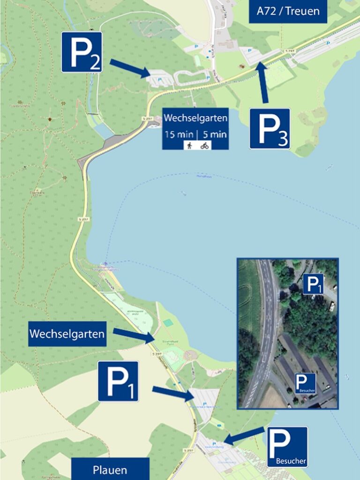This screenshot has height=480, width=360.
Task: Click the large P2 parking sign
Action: point(82,52)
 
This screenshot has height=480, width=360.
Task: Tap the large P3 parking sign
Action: point(270,129)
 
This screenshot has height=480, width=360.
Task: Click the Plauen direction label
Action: point(110,469)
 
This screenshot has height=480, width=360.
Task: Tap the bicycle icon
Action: point(204,146)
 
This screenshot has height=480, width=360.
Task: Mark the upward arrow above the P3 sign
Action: point(263,81)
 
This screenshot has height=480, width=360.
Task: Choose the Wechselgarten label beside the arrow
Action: point(67,334)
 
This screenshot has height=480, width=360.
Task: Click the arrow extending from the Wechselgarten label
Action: point(134,335)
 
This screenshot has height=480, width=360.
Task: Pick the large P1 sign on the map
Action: point(118,381)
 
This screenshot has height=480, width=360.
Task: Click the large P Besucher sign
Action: point(287,446)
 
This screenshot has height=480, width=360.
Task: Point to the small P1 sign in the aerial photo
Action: point(313,284)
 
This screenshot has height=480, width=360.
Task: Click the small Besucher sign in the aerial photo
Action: point(305,383)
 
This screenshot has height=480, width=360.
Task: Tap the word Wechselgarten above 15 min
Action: point(195,118)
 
